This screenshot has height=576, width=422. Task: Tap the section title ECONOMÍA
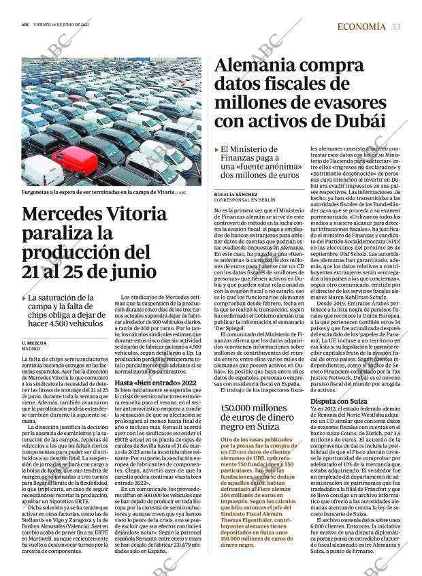coord(361,27)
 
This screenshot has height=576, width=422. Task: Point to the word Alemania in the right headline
coord(263,67)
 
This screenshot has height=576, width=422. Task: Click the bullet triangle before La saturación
coord(25,298)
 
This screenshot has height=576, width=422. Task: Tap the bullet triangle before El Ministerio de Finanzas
coord(216,148)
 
